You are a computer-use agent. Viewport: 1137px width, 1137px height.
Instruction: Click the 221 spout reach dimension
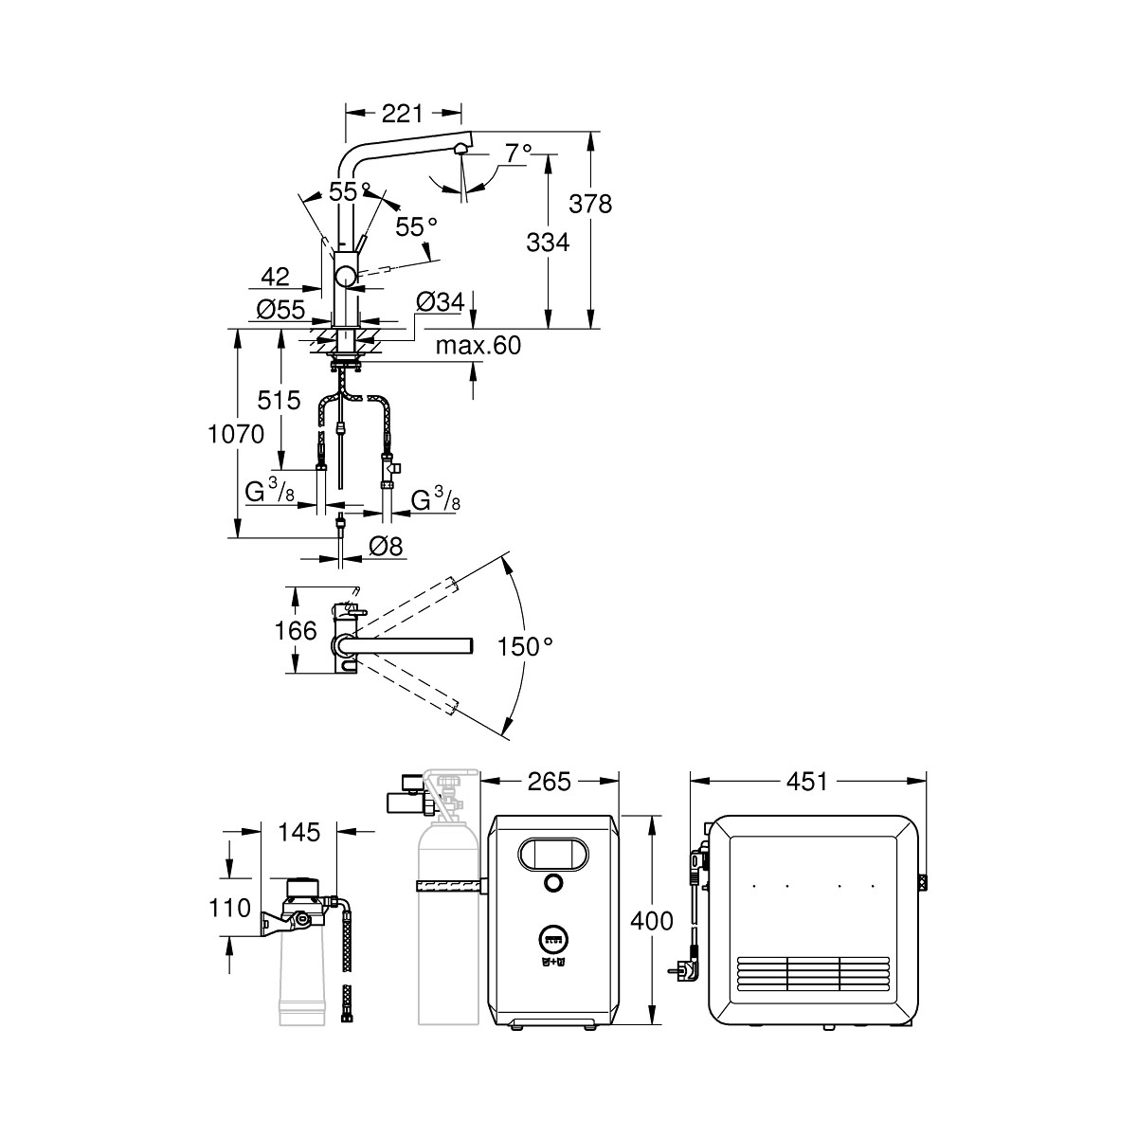[x=401, y=114]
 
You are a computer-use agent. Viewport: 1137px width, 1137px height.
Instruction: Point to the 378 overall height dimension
[x=592, y=203]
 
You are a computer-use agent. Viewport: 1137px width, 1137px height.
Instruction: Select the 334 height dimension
[x=548, y=243]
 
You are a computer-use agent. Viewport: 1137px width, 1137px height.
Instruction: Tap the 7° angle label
[x=517, y=153]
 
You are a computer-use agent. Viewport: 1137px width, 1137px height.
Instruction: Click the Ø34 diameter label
[x=439, y=302]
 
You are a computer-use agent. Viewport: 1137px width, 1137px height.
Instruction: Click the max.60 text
[x=478, y=346]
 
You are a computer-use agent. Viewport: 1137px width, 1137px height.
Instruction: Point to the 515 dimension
[x=280, y=399]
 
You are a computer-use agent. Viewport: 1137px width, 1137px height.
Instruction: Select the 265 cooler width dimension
[x=550, y=782]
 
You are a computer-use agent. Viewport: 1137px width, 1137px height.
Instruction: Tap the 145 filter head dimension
[x=299, y=833]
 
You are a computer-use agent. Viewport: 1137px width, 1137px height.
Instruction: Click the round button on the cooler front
[x=551, y=884]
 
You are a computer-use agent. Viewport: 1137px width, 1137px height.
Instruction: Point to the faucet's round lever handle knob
[x=347, y=277]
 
